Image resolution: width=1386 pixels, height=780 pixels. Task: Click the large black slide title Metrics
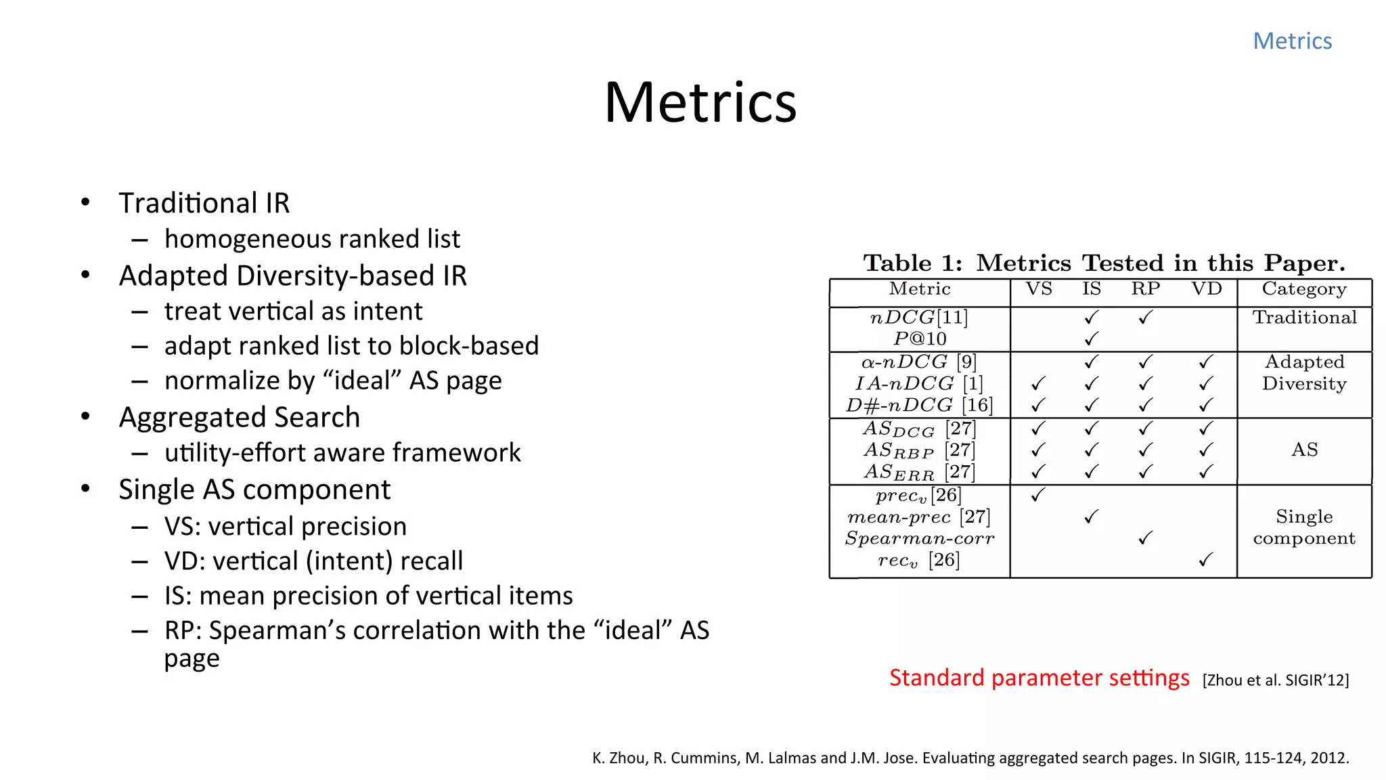click(700, 103)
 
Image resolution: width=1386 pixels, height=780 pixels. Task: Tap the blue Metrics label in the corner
click(1292, 41)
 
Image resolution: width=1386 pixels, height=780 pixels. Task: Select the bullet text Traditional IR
click(204, 203)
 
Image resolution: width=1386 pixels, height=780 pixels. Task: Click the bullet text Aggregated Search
click(239, 417)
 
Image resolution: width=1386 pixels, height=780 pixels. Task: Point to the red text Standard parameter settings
click(1039, 678)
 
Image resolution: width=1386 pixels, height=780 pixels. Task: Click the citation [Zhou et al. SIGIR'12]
click(1275, 680)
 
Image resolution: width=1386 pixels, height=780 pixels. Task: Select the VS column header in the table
click(1038, 289)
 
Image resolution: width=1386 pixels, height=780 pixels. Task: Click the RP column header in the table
click(1145, 289)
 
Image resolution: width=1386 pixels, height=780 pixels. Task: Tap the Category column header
click(1304, 289)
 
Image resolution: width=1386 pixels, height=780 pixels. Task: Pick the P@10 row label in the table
click(920, 339)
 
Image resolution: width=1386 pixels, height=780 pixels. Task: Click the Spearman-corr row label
click(920, 539)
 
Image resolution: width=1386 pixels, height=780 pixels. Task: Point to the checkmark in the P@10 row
click(1091, 339)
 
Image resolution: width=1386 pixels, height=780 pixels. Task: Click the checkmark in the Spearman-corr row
click(1145, 538)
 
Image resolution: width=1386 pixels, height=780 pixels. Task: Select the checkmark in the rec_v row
click(1205, 560)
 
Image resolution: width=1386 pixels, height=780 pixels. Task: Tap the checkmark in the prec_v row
click(1038, 495)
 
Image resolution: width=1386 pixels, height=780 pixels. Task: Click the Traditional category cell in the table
click(1304, 318)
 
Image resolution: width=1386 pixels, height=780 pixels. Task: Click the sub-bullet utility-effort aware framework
click(342, 453)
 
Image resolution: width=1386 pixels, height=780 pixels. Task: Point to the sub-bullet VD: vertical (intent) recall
click(313, 561)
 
